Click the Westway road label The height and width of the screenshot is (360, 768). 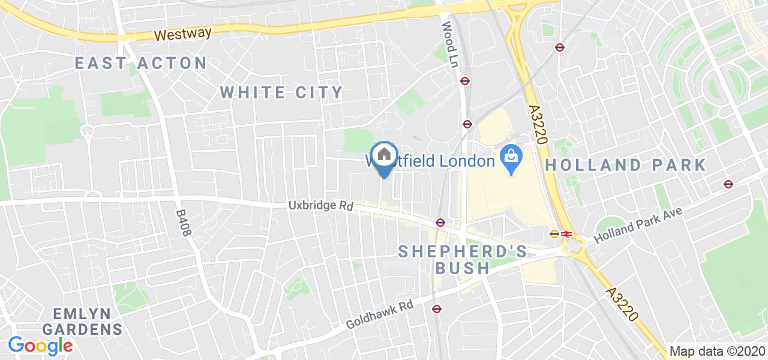tap(183, 34)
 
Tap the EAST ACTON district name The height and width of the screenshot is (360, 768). tap(141, 62)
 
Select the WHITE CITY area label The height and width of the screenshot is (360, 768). tap(281, 92)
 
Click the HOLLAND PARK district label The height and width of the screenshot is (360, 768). tap(626, 165)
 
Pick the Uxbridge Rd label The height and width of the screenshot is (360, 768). tap(320, 205)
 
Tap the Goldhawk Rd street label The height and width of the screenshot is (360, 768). tap(380, 314)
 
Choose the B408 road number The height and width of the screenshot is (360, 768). tap(182, 223)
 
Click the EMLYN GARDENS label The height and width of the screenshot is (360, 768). tap(88, 321)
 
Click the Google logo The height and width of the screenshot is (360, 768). tap(40, 346)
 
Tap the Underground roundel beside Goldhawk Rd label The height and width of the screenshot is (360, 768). tap(437, 308)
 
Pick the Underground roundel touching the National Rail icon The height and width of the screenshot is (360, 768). tap(555, 234)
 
